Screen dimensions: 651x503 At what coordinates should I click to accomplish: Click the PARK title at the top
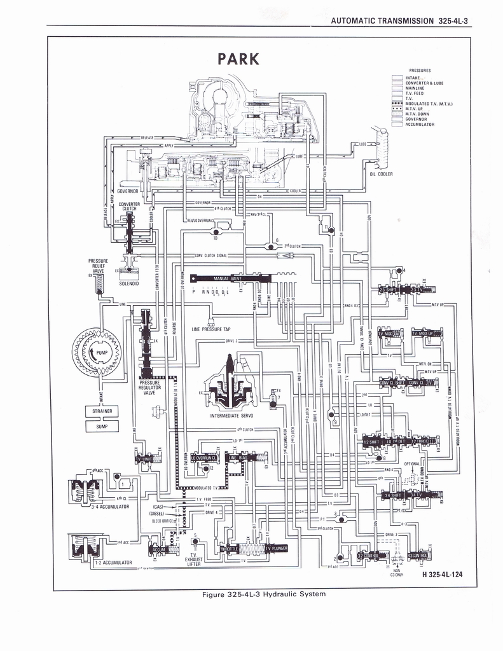238,59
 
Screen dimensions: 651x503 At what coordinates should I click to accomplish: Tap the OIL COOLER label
381,174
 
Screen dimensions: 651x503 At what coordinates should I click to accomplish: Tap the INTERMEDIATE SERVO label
231,416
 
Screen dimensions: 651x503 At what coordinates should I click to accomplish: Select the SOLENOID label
129,284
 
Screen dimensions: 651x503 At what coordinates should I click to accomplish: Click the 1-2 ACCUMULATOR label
113,563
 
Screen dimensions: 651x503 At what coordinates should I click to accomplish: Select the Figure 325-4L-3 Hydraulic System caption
263,594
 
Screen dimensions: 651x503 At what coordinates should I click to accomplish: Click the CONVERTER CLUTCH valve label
128,206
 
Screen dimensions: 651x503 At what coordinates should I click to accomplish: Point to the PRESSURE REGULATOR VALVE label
149,387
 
